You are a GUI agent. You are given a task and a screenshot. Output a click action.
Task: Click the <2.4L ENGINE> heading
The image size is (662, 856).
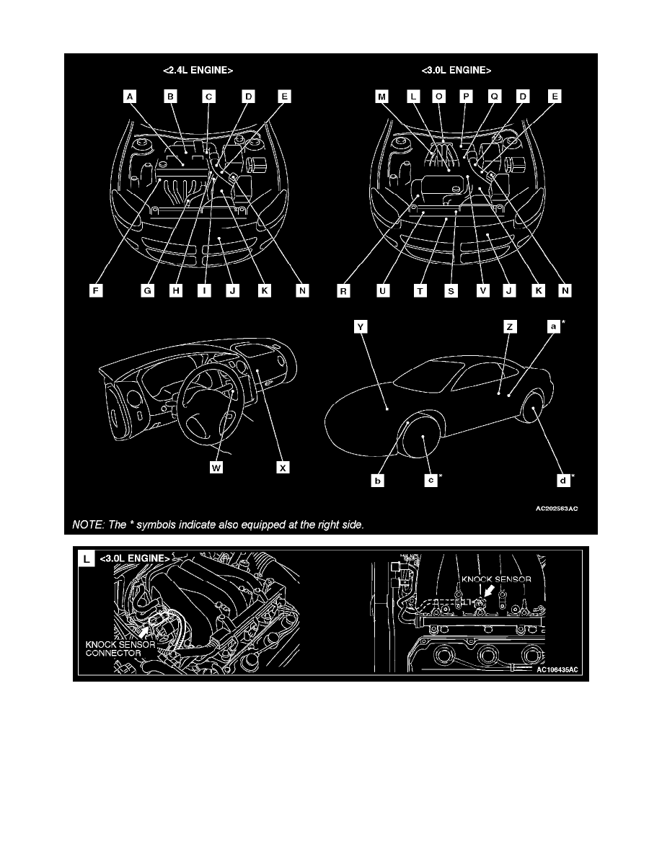click(198, 71)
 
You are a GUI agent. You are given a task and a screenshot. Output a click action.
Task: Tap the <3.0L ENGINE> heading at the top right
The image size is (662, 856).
click(456, 71)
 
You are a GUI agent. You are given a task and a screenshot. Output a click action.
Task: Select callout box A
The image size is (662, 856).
click(130, 97)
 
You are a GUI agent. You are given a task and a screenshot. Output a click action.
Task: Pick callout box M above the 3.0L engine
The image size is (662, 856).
click(381, 97)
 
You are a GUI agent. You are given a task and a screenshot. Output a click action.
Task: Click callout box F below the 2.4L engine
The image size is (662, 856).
click(96, 290)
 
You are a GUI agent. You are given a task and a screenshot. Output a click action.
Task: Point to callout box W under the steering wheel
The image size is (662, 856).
click(216, 468)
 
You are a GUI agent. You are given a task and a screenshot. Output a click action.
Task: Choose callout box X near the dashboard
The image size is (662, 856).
click(283, 468)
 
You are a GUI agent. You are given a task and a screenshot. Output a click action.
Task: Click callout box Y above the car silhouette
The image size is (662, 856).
click(360, 326)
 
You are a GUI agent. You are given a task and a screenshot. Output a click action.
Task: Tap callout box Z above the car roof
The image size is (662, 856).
click(510, 326)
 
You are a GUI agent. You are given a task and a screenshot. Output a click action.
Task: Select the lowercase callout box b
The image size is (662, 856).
click(377, 481)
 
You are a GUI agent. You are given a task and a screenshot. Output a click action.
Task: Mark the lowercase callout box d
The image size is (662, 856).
click(563, 481)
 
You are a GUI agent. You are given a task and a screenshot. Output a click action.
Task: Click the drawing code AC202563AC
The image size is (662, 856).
click(557, 509)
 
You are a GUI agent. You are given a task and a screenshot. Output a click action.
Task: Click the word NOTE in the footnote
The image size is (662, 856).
click(88, 525)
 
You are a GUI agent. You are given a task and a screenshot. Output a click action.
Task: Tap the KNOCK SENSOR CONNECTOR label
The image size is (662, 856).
click(120, 648)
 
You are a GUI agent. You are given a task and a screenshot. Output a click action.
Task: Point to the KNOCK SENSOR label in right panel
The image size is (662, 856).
click(496, 579)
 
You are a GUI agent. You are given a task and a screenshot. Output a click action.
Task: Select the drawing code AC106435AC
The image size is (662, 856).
click(557, 670)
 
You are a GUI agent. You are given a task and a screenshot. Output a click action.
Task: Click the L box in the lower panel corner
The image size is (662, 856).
click(87, 559)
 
